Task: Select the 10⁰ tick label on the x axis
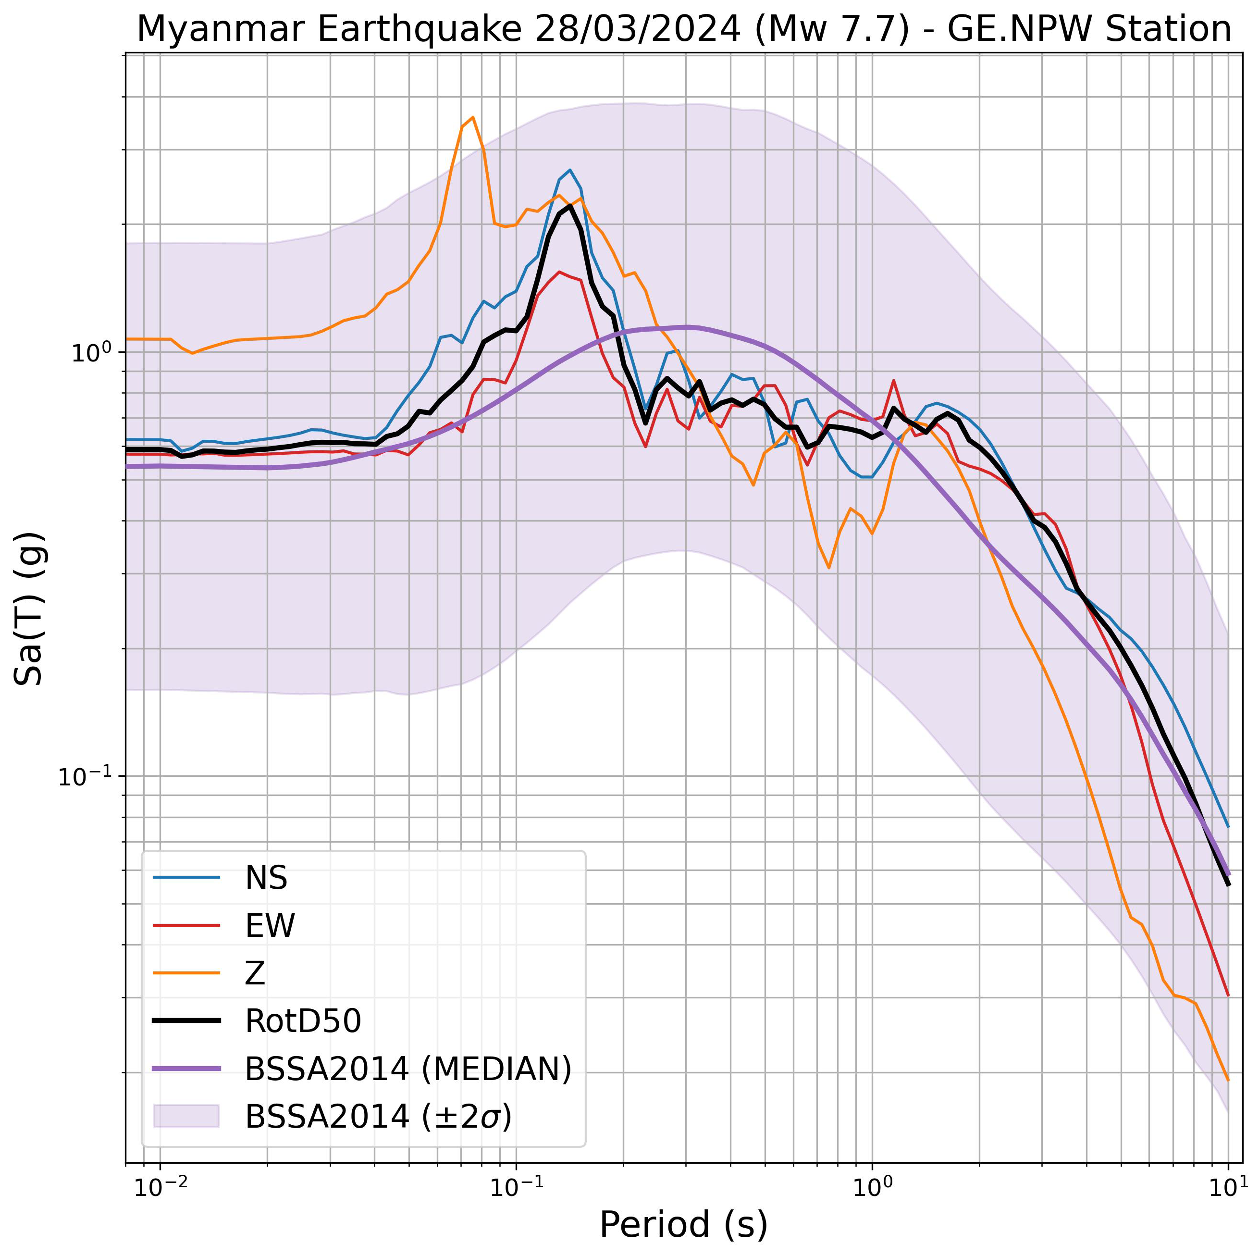[x=872, y=1188]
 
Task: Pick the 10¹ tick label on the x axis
[x=1228, y=1188]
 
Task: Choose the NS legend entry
[x=266, y=878]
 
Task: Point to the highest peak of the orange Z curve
[x=472, y=117]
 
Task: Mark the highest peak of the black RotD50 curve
[x=570, y=206]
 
